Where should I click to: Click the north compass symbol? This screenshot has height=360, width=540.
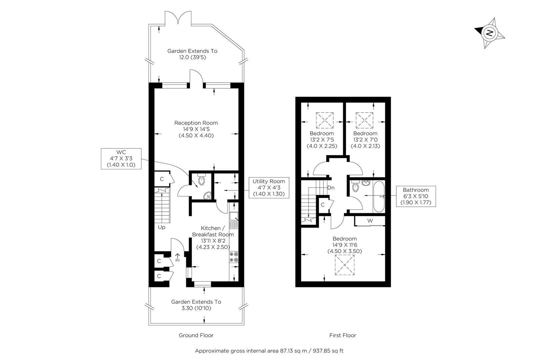[489, 33]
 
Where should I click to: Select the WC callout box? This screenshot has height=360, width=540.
[121, 159]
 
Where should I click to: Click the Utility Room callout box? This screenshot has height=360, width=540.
[269, 188]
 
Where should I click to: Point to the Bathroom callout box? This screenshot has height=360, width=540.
[416, 196]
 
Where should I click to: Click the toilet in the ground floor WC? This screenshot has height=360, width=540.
[201, 179]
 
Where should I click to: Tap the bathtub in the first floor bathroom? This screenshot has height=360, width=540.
[379, 197]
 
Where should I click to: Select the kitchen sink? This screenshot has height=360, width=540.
[234, 220]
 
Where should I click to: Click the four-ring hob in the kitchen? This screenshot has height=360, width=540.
[234, 257]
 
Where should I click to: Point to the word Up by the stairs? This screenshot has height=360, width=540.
[162, 227]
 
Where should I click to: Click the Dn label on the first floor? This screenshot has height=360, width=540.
[331, 188]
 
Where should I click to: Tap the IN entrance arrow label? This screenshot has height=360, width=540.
[177, 258]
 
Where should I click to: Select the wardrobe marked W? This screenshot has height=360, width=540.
[370, 221]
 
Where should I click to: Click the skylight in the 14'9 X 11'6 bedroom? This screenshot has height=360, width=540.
[345, 265]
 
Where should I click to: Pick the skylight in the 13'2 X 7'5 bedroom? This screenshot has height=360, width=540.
[325, 120]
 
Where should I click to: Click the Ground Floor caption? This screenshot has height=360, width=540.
[196, 335]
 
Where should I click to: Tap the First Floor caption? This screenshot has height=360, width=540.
[343, 335]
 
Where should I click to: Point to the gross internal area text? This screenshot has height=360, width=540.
[269, 351]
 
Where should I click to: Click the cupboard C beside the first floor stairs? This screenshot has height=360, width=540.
[324, 205]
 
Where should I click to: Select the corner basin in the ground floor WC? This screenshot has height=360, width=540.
[207, 196]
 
